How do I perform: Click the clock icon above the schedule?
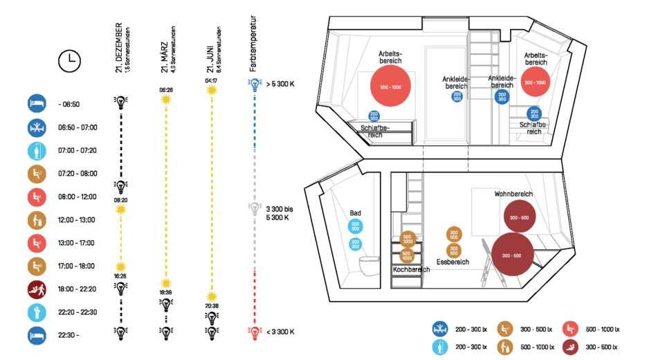[69, 61]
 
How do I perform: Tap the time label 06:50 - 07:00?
[78, 127]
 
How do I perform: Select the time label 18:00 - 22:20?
[78, 289]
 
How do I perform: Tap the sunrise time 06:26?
[165, 90]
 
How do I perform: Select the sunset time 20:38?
[211, 305]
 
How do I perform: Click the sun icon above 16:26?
[120, 266]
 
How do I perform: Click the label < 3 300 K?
[281, 332]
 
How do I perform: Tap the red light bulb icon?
[255, 332]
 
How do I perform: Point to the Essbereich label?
[453, 262]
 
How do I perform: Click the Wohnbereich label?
[513, 194]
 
